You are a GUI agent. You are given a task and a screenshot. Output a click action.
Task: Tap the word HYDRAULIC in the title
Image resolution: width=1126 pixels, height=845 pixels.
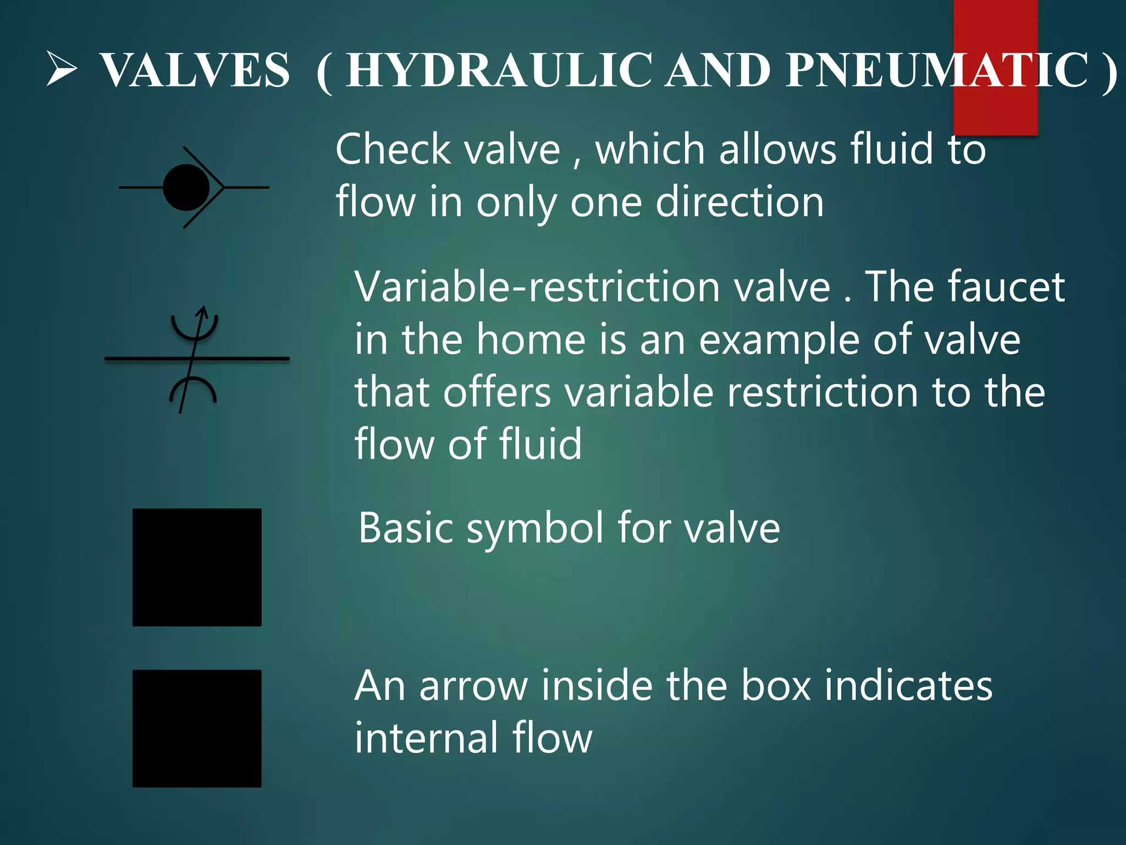pyautogui.click(x=499, y=70)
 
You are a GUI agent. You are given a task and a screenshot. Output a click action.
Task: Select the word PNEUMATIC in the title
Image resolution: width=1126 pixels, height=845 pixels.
pyautogui.click(x=937, y=70)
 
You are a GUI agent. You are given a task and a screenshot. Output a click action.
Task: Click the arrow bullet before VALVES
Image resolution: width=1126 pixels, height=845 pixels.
pyautogui.click(x=61, y=69)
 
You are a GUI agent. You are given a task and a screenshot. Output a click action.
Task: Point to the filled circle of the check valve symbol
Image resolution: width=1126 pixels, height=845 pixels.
pyautogui.click(x=186, y=188)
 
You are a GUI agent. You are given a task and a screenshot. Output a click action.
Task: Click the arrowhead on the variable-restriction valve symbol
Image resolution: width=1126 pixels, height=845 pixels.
pyautogui.click(x=203, y=312)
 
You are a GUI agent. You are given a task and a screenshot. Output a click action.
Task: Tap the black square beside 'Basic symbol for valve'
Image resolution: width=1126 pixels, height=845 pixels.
pyautogui.click(x=197, y=567)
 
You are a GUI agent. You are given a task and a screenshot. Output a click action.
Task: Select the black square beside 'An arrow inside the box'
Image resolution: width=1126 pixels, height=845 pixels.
pyautogui.click(x=197, y=728)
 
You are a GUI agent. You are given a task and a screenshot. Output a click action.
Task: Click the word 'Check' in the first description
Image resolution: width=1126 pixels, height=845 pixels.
pyautogui.click(x=393, y=150)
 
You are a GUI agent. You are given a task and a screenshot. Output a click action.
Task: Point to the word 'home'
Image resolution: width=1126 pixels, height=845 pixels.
pyautogui.click(x=531, y=339)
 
